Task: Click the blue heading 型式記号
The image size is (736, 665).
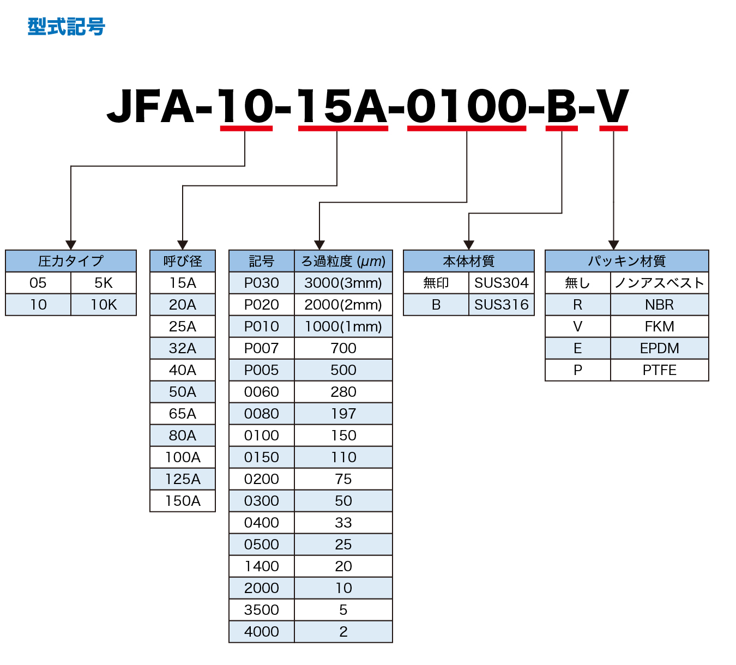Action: click(66, 27)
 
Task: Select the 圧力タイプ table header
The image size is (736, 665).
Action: click(71, 261)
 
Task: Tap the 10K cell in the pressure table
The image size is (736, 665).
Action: click(104, 305)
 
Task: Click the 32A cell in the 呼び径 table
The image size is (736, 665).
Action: click(183, 348)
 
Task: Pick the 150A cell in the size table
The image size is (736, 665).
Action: click(183, 501)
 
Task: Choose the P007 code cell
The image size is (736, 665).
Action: click(262, 348)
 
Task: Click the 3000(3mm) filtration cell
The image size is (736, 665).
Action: click(343, 283)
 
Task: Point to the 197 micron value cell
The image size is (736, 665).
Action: click(343, 414)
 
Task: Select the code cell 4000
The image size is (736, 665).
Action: click(262, 632)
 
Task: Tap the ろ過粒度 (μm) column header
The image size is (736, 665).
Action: click(343, 261)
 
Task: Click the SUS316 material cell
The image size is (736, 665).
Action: click(502, 305)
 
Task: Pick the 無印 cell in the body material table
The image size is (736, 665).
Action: click(436, 283)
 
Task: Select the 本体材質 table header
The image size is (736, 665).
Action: click(469, 261)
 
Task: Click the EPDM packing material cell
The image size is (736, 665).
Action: click(660, 348)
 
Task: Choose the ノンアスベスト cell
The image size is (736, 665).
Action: click(660, 283)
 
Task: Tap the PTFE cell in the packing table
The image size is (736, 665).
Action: click(660, 370)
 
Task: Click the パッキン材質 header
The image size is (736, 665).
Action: click(627, 261)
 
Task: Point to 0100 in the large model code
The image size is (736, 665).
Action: click(467, 106)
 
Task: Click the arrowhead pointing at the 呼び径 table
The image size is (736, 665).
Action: click(183, 245)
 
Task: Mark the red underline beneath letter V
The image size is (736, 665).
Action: click(613, 129)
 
